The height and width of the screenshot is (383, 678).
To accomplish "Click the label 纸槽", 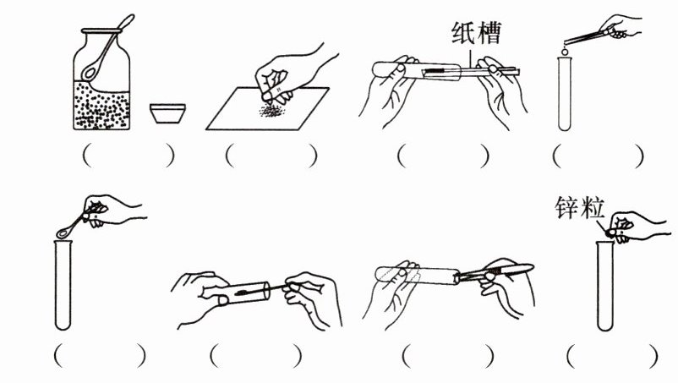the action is click(477, 33).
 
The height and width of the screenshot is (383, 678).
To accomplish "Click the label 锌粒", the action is click(579, 208).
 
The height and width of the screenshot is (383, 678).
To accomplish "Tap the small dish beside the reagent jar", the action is click(167, 113).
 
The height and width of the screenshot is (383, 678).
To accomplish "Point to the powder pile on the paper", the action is click(272, 111).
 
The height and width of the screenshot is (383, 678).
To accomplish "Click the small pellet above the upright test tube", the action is click(564, 52).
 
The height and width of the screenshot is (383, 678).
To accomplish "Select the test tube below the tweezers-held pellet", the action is click(564, 94).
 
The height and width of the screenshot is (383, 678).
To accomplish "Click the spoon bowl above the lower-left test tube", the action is click(63, 233).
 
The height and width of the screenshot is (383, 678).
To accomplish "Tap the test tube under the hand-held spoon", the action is click(63, 285).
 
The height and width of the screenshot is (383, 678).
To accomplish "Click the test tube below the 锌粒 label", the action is click(605, 286).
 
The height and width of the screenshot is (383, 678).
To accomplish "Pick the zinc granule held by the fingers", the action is click(611, 233).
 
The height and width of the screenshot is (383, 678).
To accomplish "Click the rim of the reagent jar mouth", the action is click(101, 30).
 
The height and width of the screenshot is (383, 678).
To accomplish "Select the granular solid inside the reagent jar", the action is click(101, 105).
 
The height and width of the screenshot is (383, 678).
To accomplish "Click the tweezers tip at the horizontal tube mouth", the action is click(461, 276).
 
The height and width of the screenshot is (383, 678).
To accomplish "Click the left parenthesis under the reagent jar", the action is click(87, 156).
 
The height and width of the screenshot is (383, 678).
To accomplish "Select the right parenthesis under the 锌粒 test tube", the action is click(653, 355).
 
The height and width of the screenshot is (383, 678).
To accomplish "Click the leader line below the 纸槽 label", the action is click(470, 57).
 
